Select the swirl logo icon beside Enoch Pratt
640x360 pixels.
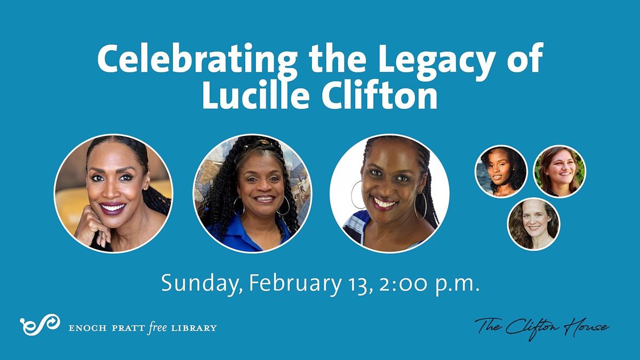click(39, 325)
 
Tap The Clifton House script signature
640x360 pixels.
click(541, 325)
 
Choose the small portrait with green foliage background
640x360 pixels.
click(559, 171)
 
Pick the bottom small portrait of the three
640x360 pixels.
click(533, 224)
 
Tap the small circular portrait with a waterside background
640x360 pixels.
click(501, 171)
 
